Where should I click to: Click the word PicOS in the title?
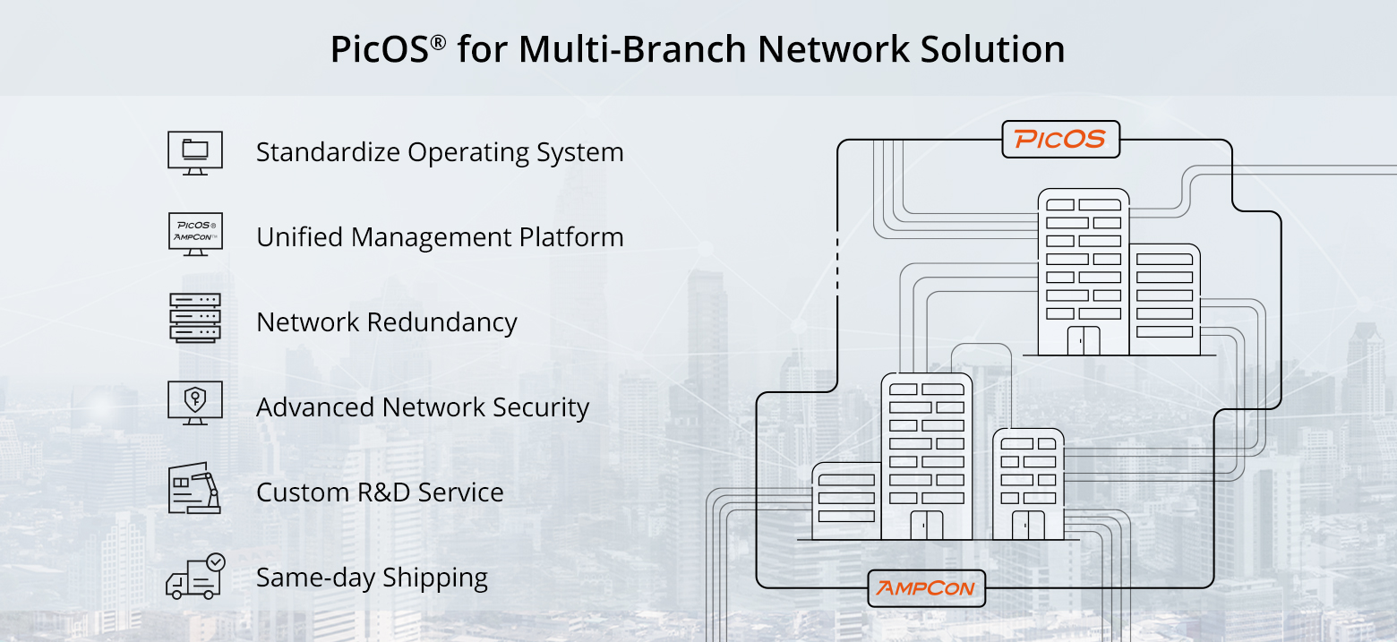tap(380, 49)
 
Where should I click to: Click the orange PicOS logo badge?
tap(1060, 140)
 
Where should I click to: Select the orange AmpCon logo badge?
tap(927, 589)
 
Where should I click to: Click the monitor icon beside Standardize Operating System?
tap(195, 152)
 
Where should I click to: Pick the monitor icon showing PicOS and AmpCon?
tap(195, 235)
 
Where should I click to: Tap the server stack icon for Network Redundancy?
tap(195, 319)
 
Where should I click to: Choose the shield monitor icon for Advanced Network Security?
tap(195, 403)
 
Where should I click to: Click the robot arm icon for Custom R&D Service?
tap(195, 488)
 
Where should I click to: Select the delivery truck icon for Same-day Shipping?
tap(195, 577)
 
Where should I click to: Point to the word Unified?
tap(301, 237)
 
